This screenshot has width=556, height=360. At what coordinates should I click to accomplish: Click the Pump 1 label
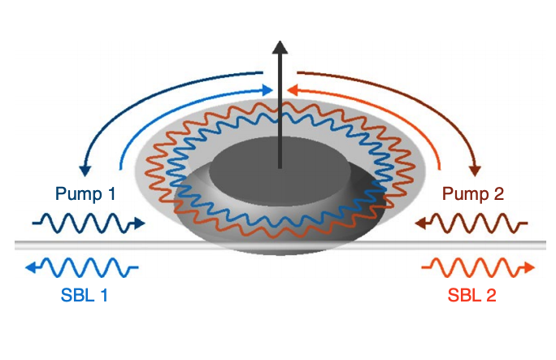[x=85, y=194]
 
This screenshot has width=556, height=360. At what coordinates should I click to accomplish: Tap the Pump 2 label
[x=473, y=194]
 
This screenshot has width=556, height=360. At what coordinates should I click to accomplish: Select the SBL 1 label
[x=85, y=296]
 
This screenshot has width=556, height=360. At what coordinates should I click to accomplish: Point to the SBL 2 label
[x=472, y=296]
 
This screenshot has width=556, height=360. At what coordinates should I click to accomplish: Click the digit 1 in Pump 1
[x=111, y=194]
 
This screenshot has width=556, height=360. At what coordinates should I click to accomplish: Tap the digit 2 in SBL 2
[x=490, y=296]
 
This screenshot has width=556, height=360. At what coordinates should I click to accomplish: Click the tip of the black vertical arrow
[x=280, y=43]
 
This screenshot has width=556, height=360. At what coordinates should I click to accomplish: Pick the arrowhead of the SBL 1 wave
[x=30, y=267]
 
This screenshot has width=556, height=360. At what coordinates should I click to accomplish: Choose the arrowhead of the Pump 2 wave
[x=419, y=221]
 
